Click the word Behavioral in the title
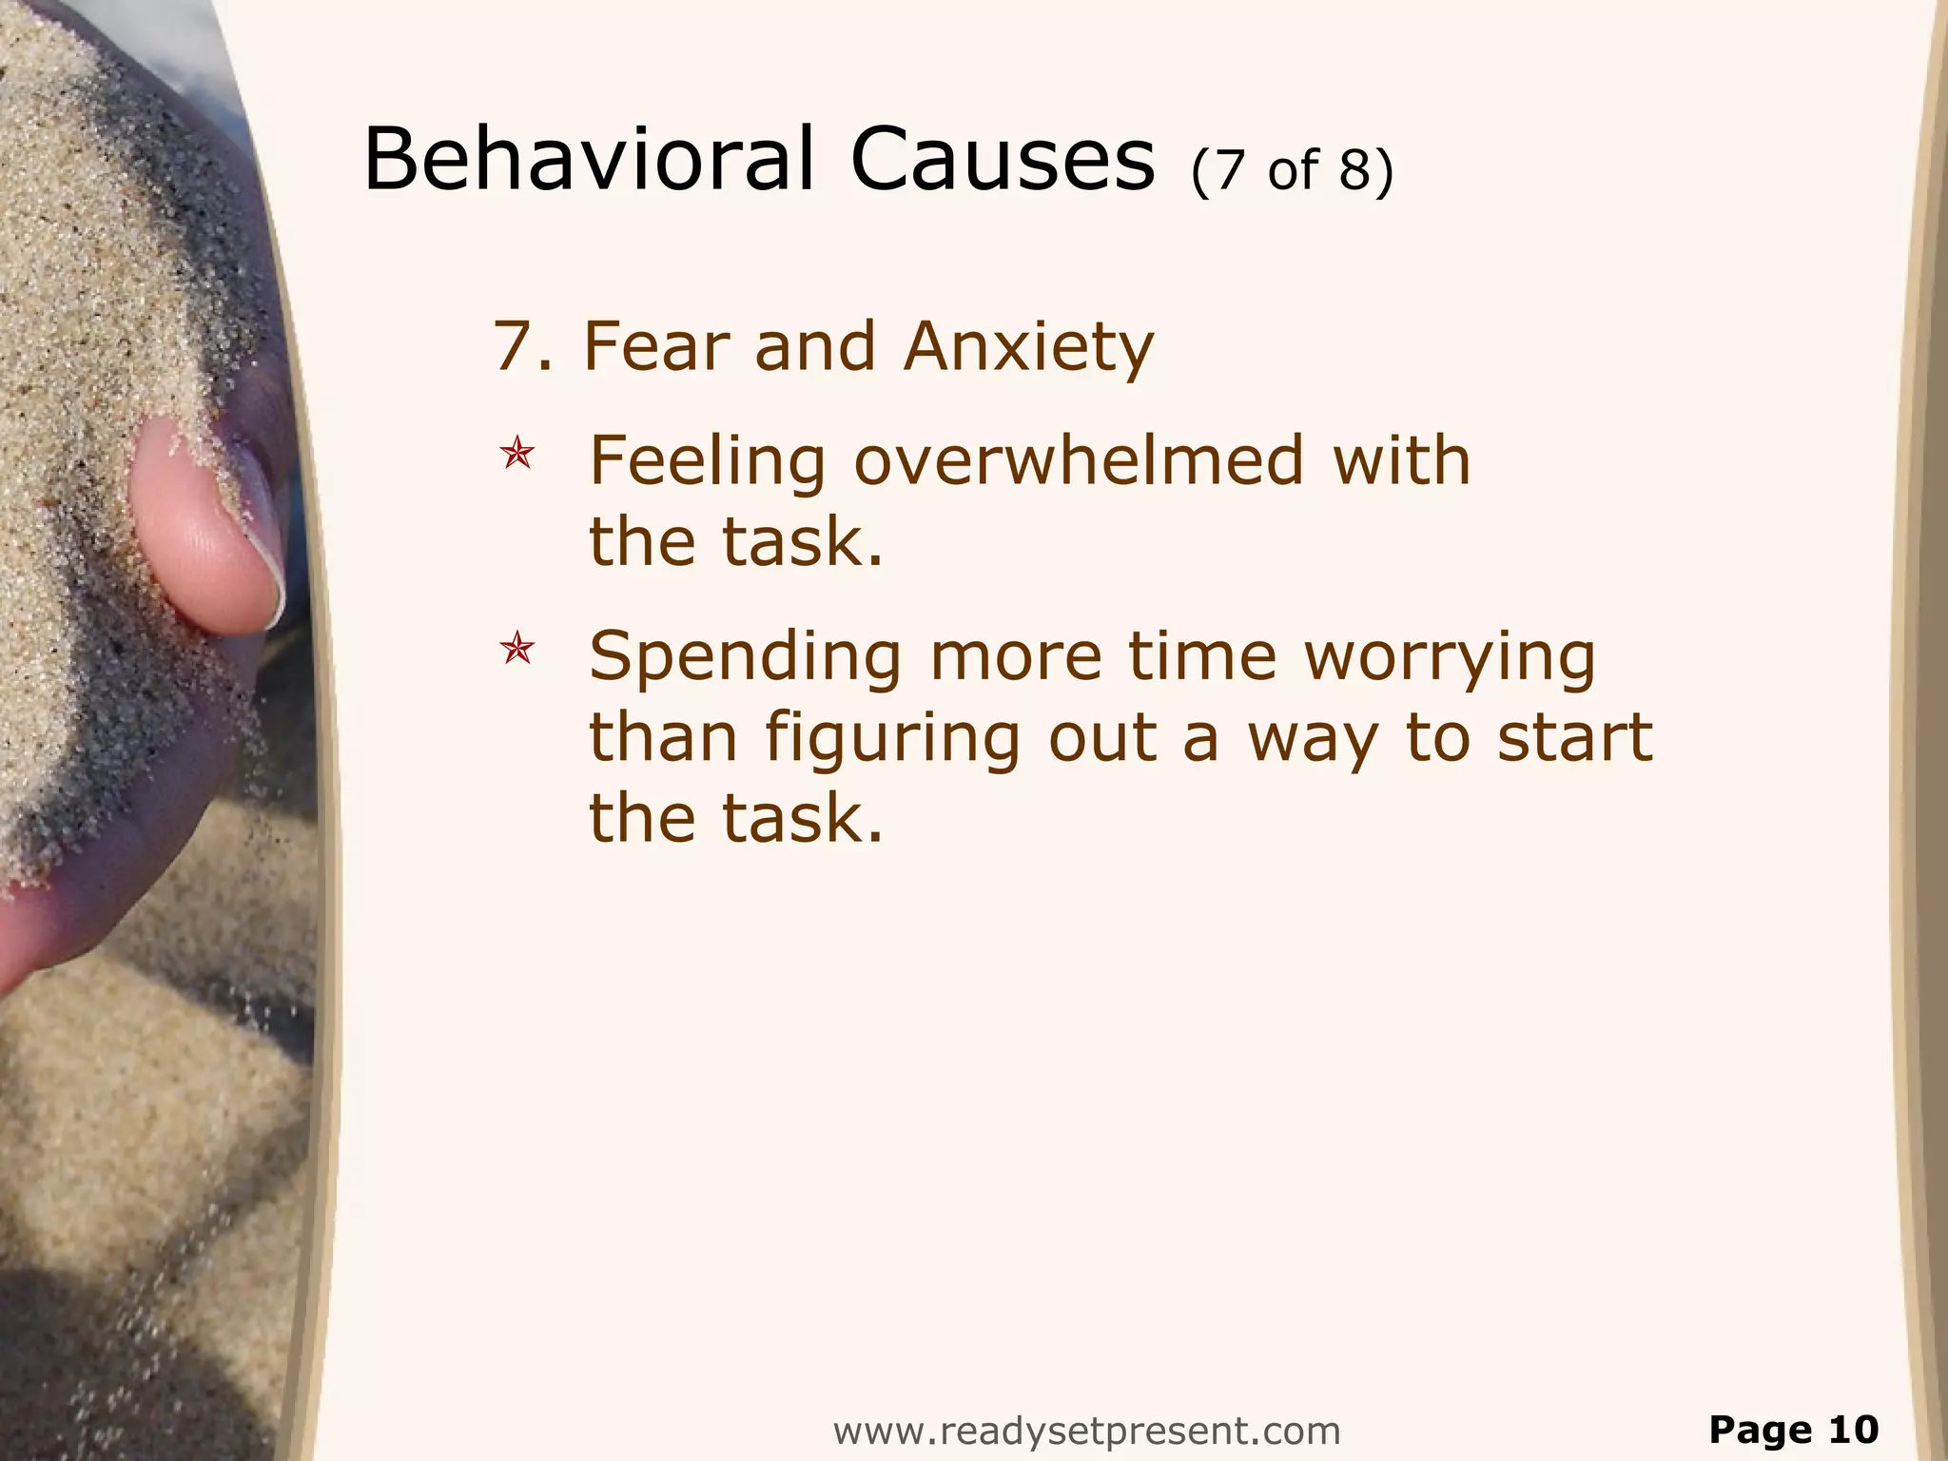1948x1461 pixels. (x=589, y=159)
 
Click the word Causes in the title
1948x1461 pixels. (x=1002, y=159)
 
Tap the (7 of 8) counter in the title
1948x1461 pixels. (x=1292, y=169)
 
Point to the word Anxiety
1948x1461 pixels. (x=1029, y=348)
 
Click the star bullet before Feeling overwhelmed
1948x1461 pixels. (x=517, y=454)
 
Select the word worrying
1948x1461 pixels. (x=1450, y=659)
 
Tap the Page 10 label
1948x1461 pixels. (x=1794, y=1430)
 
